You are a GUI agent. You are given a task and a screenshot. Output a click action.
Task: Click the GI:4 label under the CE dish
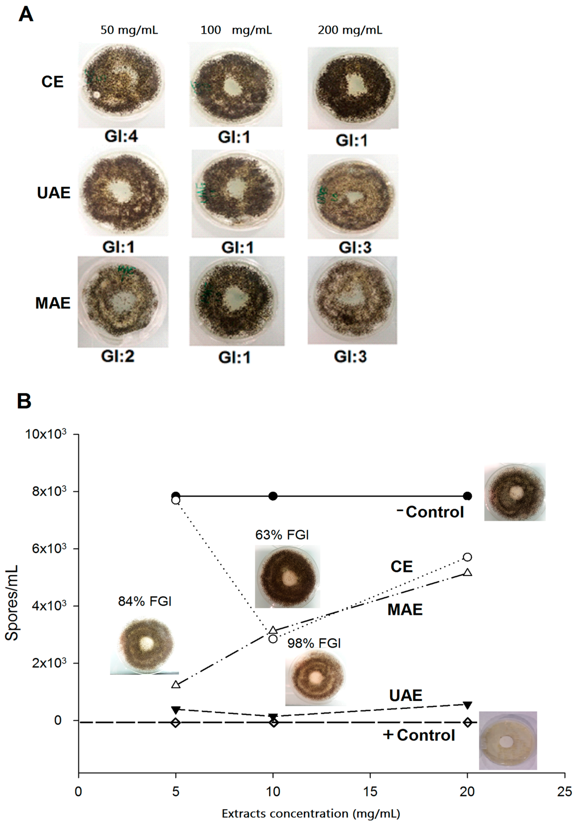pyautogui.click(x=121, y=136)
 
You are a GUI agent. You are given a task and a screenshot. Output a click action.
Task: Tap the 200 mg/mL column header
pyautogui.click(x=350, y=30)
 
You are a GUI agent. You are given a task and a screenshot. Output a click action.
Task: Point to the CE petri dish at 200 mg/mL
pyautogui.click(x=353, y=88)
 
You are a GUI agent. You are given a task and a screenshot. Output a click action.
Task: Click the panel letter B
pyautogui.click(x=24, y=401)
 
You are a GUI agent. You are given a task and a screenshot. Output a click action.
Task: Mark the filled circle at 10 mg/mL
pyautogui.click(x=273, y=496)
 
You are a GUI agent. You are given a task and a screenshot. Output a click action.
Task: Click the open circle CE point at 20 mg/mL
pyautogui.click(x=467, y=557)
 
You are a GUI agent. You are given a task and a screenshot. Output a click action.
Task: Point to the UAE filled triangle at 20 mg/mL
pyautogui.click(x=467, y=705)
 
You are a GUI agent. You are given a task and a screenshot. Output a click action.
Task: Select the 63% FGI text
pyautogui.click(x=282, y=535)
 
